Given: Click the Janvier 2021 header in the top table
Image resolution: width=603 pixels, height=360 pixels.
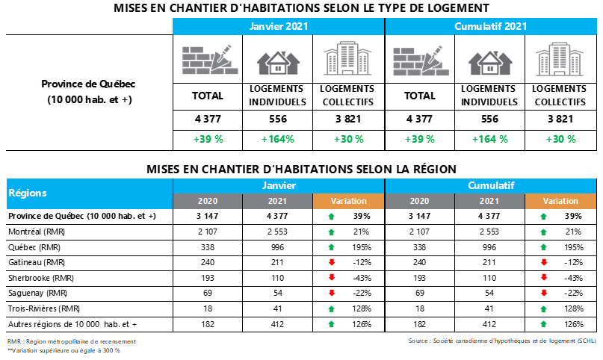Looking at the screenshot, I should pyautogui.click(x=278, y=25).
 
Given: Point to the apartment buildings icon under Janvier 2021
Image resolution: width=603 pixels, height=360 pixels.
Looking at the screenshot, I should pyautogui.click(x=348, y=58).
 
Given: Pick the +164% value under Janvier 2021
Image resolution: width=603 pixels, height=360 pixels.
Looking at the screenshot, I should pyautogui.click(x=278, y=139).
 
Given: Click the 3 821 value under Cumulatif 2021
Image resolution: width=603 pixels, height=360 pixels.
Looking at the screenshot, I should pyautogui.click(x=560, y=119).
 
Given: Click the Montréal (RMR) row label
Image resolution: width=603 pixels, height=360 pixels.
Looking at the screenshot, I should pyautogui.click(x=37, y=232).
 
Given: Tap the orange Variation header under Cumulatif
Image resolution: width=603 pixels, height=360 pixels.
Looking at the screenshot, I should pyautogui.click(x=560, y=201).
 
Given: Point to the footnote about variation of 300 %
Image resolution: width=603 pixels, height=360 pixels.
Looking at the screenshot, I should pyautogui.click(x=64, y=350).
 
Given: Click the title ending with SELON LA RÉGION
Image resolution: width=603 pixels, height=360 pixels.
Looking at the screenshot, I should pyautogui.click(x=301, y=170).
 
